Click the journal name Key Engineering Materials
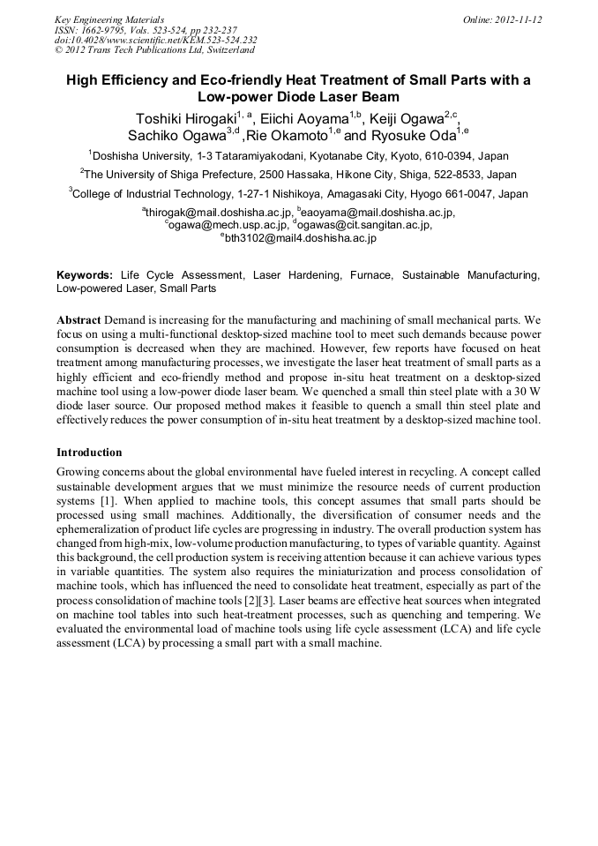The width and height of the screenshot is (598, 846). point(109,19)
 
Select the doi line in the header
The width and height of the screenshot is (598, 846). point(155,40)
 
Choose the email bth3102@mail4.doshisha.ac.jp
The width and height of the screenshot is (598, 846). point(301,238)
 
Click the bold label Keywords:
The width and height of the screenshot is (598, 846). point(85,276)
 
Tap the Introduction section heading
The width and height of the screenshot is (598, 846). point(89,453)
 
